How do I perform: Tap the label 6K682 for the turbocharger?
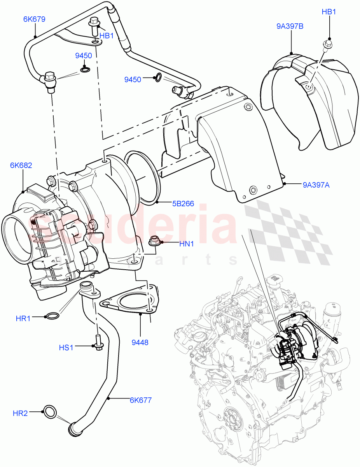coord(21,165)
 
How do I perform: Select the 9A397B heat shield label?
coord(290,26)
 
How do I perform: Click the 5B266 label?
coord(183,203)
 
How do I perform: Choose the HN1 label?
coord(186,244)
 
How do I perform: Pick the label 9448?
coord(140,343)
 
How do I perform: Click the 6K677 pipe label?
coord(141,400)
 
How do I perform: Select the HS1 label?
coord(66,347)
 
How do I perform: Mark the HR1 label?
coord(23,318)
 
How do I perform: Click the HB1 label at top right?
coord(329,12)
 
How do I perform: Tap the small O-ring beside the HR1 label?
coord(52,316)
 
